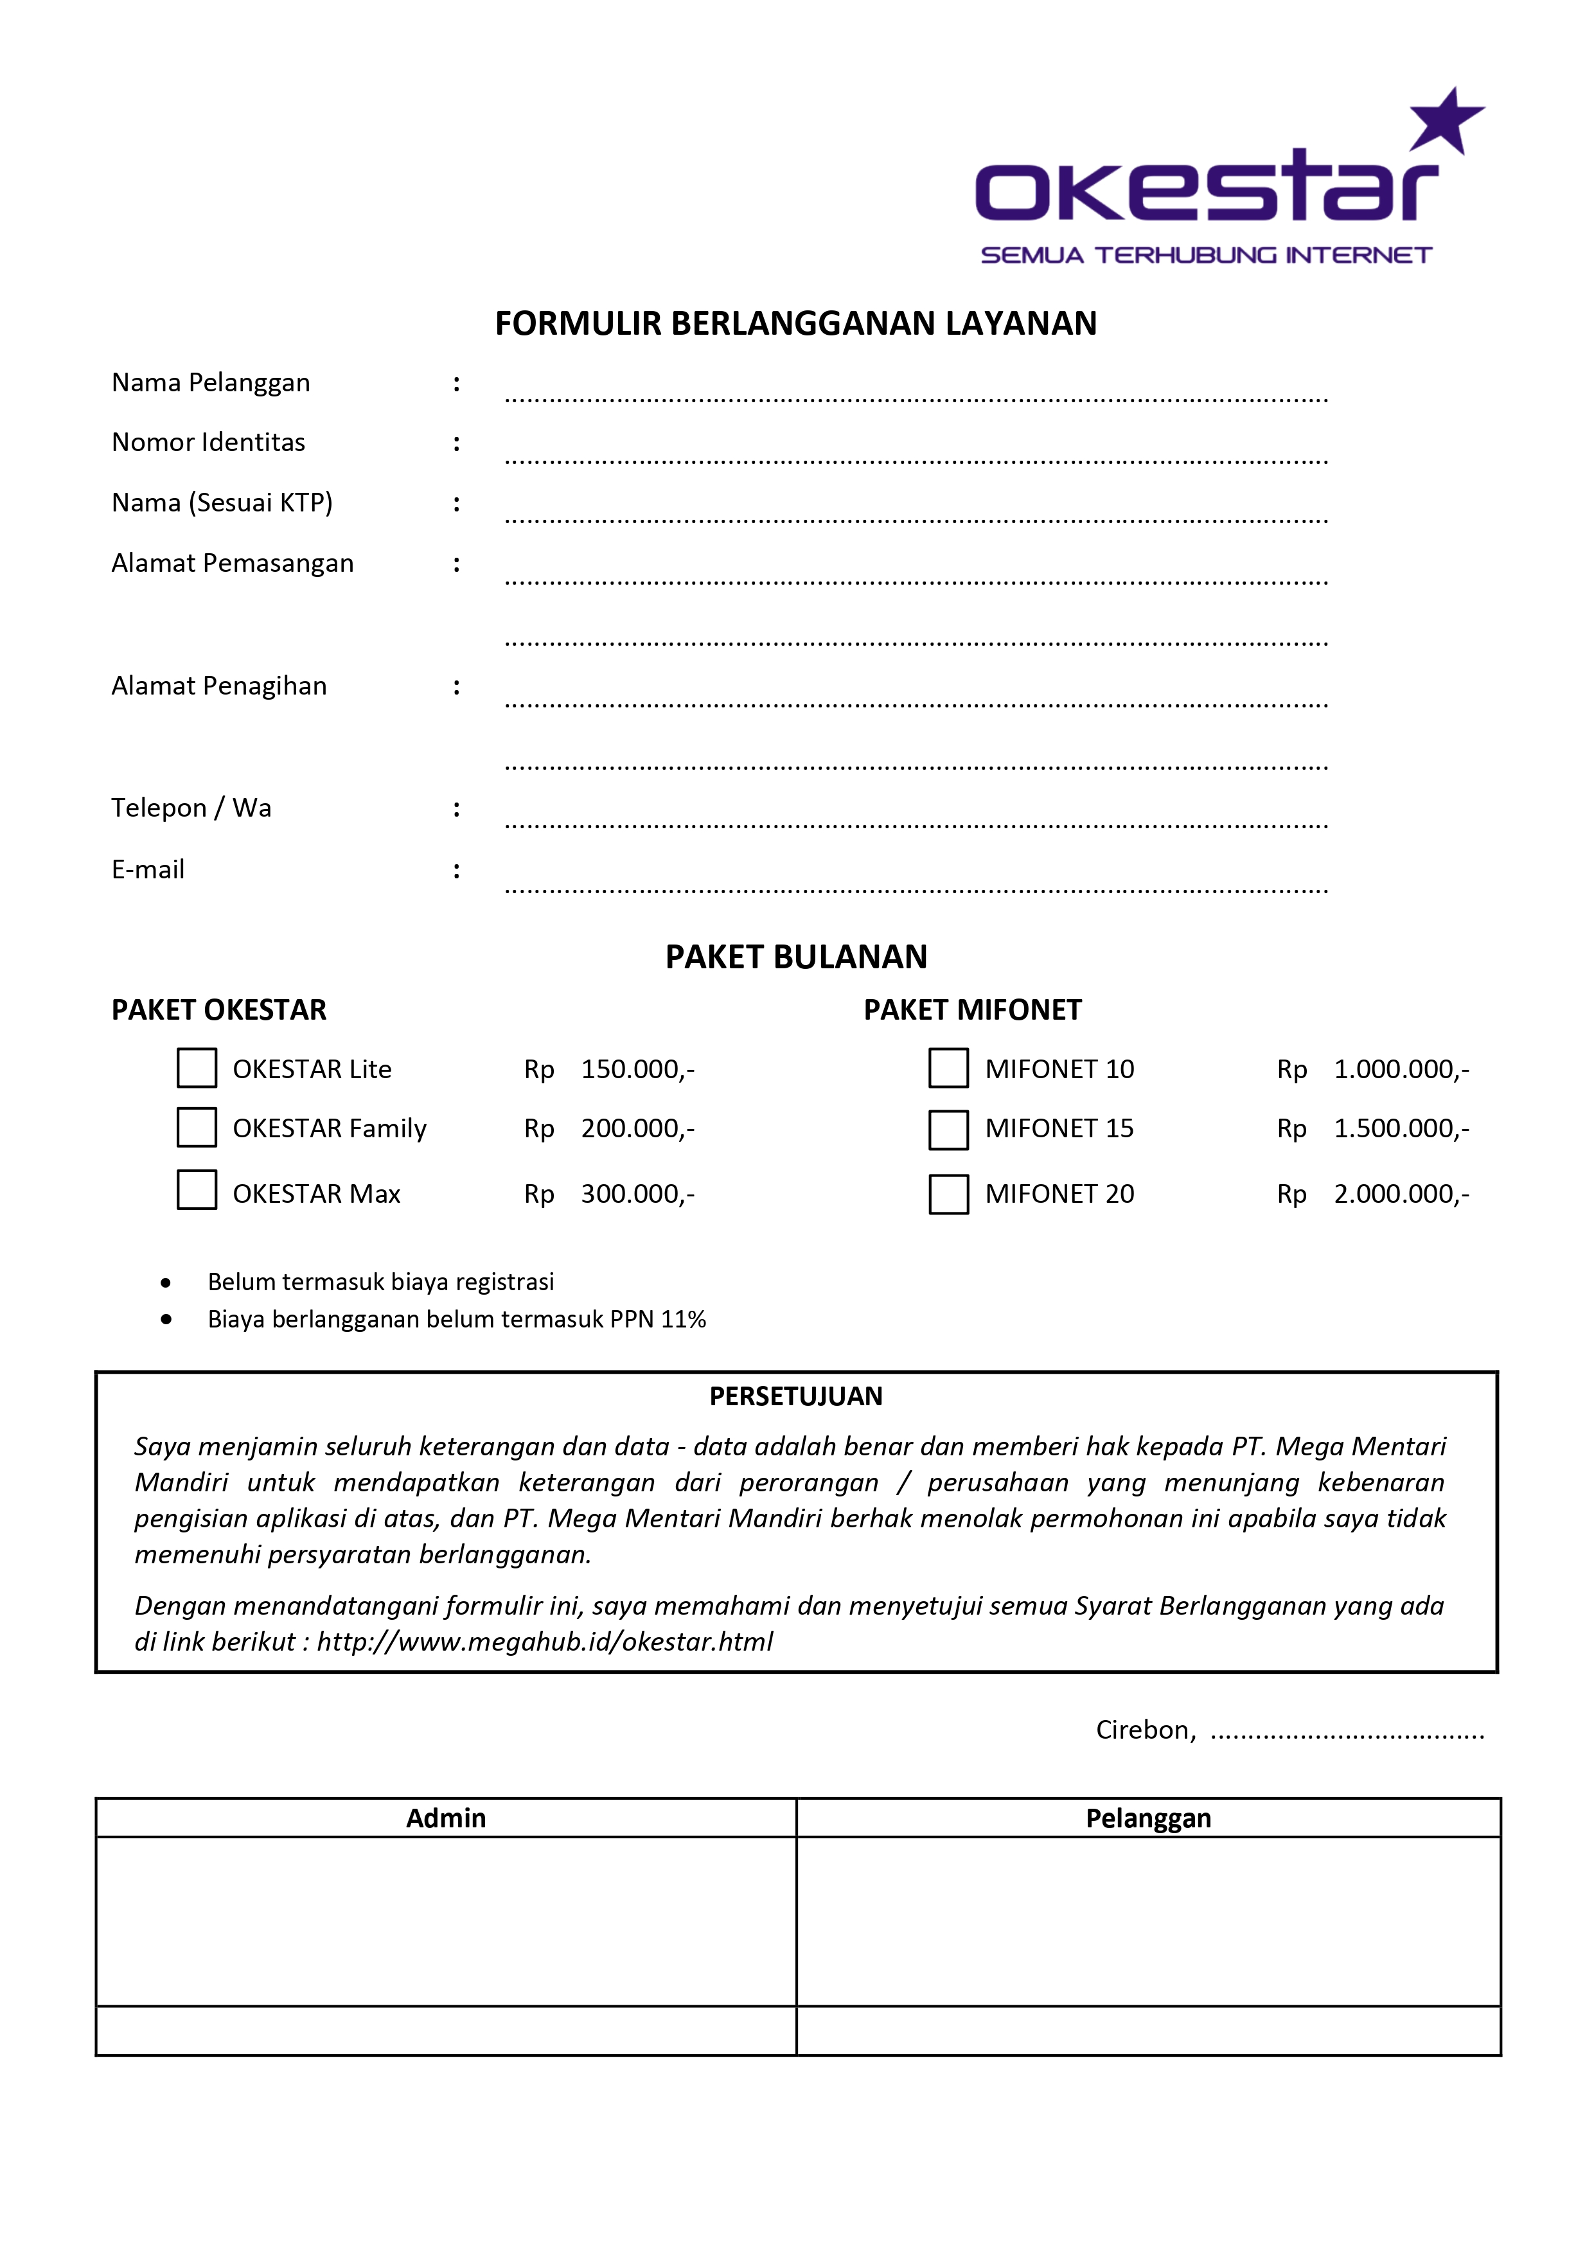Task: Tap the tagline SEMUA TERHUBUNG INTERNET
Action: [1207, 255]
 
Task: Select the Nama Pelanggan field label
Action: [211, 383]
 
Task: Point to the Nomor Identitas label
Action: [208, 443]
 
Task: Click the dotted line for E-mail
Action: [916, 889]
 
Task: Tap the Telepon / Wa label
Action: [191, 808]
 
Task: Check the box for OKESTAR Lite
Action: [197, 1068]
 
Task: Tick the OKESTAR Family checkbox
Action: [197, 1127]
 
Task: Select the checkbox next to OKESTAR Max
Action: [197, 1190]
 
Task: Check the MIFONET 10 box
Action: [948, 1068]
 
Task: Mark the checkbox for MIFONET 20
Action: [948, 1194]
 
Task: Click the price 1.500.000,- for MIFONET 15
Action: [1401, 1129]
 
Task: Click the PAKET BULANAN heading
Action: [796, 957]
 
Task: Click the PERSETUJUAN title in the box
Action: [796, 1397]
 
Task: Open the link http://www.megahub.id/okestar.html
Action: [545, 1642]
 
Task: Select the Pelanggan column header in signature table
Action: [1148, 1818]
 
